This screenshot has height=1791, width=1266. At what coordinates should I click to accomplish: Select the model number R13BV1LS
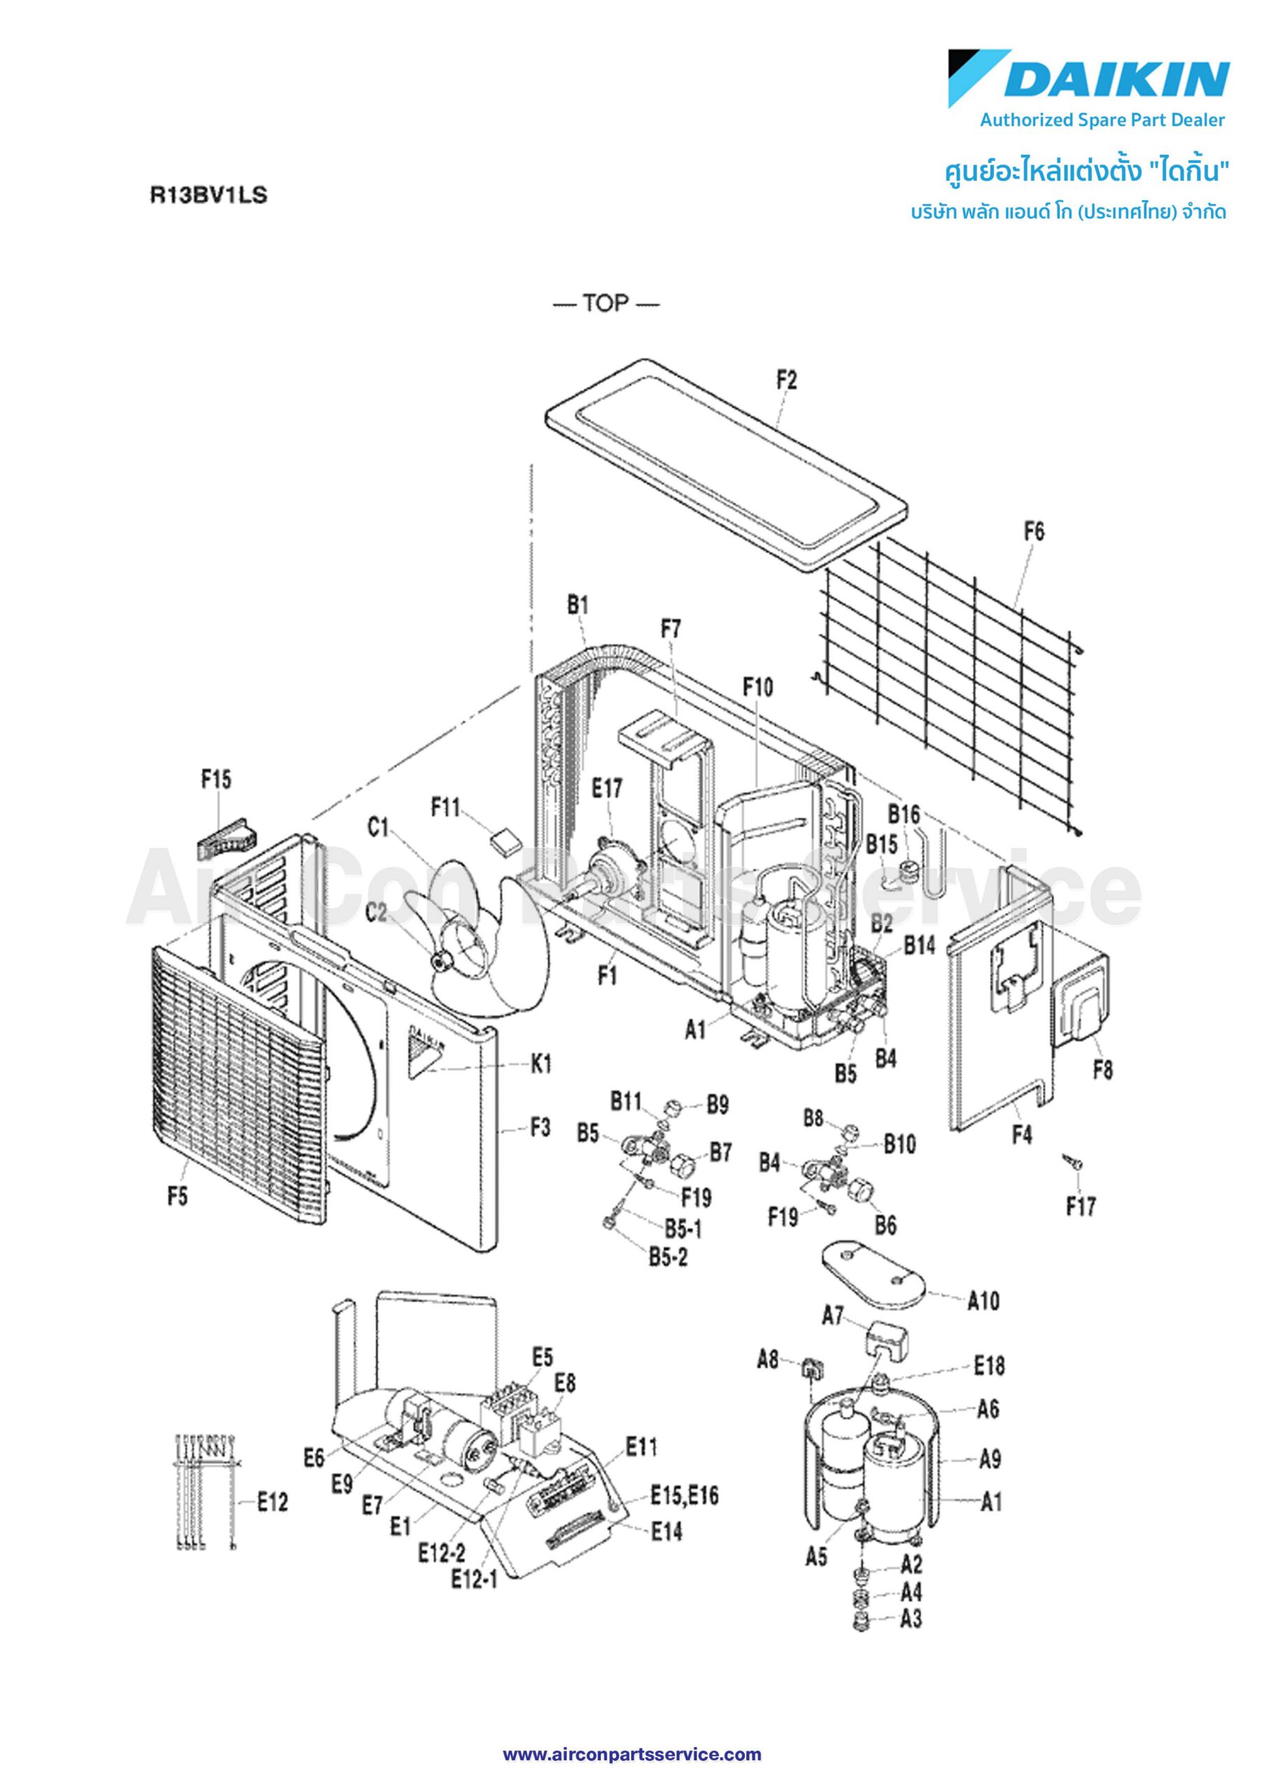208,195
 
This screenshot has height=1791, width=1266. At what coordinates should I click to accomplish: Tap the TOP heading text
605,304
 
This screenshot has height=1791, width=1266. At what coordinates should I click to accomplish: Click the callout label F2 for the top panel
787,381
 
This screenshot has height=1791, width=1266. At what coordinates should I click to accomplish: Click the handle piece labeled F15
224,837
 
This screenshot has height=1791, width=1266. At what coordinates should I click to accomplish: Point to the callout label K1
541,1064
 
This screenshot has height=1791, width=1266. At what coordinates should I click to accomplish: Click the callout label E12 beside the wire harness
273,1501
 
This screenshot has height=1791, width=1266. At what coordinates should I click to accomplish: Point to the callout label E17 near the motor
606,788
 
